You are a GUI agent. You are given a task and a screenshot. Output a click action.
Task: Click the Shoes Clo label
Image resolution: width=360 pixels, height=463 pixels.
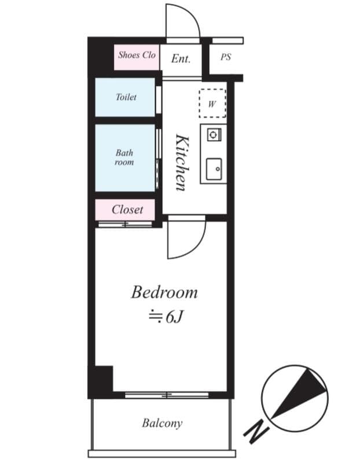pyautogui.click(x=137, y=55)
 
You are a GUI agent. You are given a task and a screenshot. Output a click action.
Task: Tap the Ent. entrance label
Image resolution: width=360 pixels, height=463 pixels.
pyautogui.click(x=181, y=59)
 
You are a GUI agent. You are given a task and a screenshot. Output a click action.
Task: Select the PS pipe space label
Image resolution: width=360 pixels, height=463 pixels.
pyautogui.click(x=226, y=57)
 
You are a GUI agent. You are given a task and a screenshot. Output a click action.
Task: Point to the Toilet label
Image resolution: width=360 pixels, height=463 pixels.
pyautogui.click(x=126, y=97)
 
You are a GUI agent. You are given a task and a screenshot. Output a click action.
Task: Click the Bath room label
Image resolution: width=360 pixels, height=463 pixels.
pyautogui.click(x=124, y=157)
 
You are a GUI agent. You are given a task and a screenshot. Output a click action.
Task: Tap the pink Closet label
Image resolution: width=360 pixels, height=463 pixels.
pyautogui.click(x=127, y=210)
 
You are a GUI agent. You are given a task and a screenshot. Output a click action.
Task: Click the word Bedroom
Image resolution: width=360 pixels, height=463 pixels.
pyautogui.click(x=164, y=292)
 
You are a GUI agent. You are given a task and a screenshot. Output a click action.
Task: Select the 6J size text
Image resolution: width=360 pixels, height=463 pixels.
pyautogui.click(x=174, y=317)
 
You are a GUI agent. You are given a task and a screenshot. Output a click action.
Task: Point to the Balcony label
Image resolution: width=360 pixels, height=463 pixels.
pyautogui.click(x=162, y=424)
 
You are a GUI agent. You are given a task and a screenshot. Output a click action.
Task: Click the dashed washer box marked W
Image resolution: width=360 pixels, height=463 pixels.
pyautogui.click(x=212, y=104)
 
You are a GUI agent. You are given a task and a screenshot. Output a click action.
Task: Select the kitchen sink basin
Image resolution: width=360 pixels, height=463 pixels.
pyautogui.click(x=214, y=169)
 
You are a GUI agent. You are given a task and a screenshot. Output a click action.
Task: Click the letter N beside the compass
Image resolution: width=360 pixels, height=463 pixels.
pyautogui.click(x=256, y=431)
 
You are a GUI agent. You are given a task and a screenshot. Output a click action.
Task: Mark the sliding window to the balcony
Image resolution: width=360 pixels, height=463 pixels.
pyautogui.click(x=167, y=395)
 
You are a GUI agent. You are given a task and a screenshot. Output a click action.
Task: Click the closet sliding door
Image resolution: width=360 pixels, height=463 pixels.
pyautogui.click(x=125, y=225)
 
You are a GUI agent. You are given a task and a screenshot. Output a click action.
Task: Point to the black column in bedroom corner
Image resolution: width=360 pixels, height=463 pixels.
pyautogui.click(x=104, y=379)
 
